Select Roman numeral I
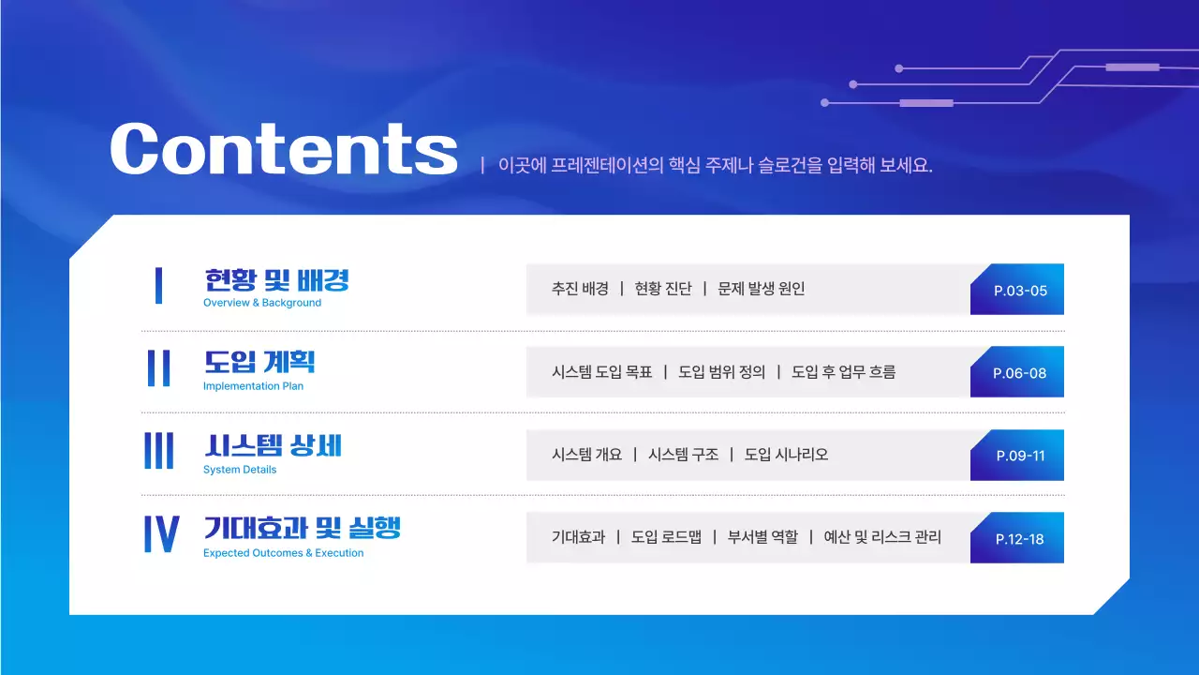coord(159,286)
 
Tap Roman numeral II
coord(159,368)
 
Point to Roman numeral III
coord(159,451)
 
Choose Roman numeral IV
coord(161,533)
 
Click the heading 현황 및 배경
coord(276,280)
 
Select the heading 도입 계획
coord(259,363)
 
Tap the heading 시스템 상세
coord(273,445)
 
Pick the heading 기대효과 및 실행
coord(302,528)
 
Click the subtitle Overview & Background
coord(262,303)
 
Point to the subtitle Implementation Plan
coord(253,386)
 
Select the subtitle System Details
coord(240,470)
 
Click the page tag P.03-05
coord(1020,291)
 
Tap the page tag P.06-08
coord(1019,373)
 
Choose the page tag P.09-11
coord(1020,456)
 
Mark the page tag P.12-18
coord(1019,539)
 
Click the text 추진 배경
coord(580,289)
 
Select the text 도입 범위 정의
coord(721,372)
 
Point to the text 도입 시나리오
coord(786,455)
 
